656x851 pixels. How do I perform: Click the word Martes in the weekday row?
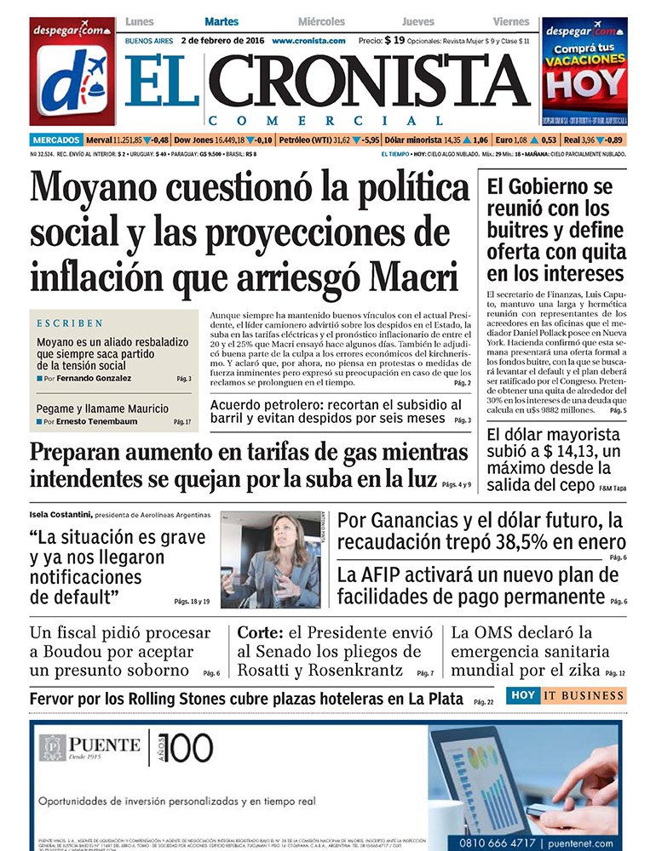(222, 21)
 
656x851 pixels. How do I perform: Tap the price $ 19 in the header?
(394, 40)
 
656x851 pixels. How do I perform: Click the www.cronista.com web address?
(308, 41)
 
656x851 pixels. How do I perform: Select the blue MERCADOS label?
(56, 140)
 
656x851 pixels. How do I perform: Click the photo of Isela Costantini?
(270, 559)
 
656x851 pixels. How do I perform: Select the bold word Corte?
(254, 633)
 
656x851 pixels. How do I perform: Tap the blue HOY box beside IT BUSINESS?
(523, 695)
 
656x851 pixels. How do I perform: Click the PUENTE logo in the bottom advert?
(89, 746)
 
